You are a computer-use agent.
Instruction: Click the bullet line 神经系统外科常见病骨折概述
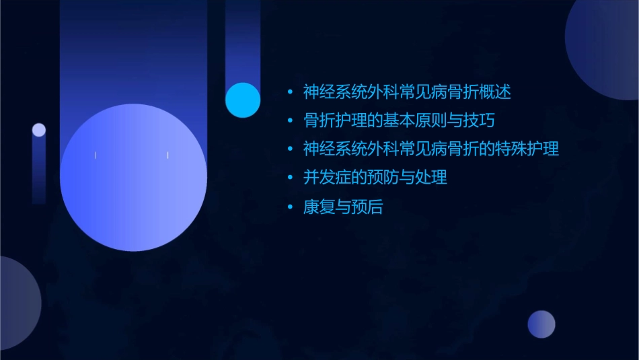407,92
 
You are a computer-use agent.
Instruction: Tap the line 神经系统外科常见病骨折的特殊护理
430,149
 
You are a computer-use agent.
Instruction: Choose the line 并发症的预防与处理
375,178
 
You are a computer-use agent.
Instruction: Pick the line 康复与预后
342,207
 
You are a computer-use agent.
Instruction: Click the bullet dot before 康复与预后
290,207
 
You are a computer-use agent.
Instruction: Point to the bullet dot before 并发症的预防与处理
290,178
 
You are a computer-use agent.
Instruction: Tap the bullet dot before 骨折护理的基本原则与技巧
290,121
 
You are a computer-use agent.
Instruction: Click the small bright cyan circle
243,100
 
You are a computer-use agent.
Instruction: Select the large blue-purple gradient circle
133,178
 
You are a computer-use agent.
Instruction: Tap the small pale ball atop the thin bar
39,130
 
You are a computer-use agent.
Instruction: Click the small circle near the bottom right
541,324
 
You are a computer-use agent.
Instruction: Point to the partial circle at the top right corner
605,47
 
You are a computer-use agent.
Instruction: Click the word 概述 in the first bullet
497,92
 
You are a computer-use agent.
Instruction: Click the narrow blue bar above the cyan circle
243,40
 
